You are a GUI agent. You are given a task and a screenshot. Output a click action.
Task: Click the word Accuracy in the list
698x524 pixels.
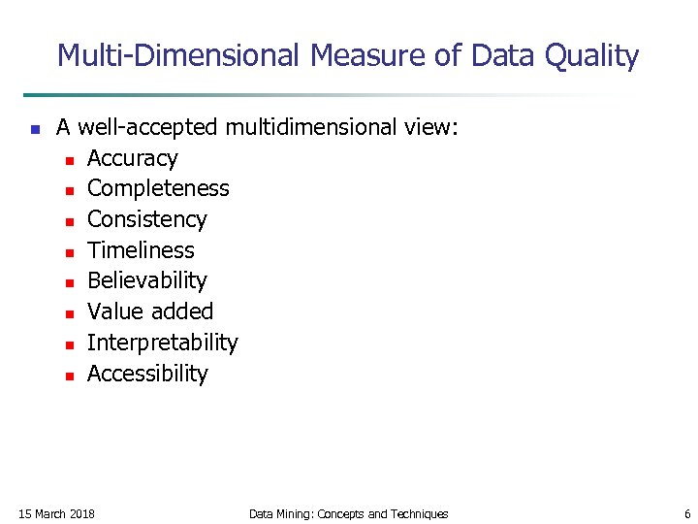point(132,158)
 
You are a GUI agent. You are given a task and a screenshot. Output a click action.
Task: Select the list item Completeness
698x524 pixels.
point(158,188)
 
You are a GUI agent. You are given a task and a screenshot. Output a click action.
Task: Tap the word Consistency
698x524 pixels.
point(146,219)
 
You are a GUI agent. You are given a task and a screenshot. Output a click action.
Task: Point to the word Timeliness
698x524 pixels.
point(141,250)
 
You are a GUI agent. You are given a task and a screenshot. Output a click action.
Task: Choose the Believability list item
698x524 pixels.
point(146,281)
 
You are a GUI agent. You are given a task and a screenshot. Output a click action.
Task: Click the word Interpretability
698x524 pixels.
point(162,343)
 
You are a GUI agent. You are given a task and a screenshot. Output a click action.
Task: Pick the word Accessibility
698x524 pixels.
point(147,374)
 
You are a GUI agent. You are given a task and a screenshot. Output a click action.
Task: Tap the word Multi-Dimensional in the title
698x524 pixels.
point(178,56)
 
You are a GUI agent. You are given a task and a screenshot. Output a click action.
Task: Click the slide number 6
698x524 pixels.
point(687,513)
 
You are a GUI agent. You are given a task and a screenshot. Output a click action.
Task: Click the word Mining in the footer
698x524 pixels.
point(293,513)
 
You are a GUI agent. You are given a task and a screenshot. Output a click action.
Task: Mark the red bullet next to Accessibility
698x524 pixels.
point(69,376)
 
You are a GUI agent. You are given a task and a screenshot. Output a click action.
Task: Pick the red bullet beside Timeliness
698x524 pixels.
point(69,252)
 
